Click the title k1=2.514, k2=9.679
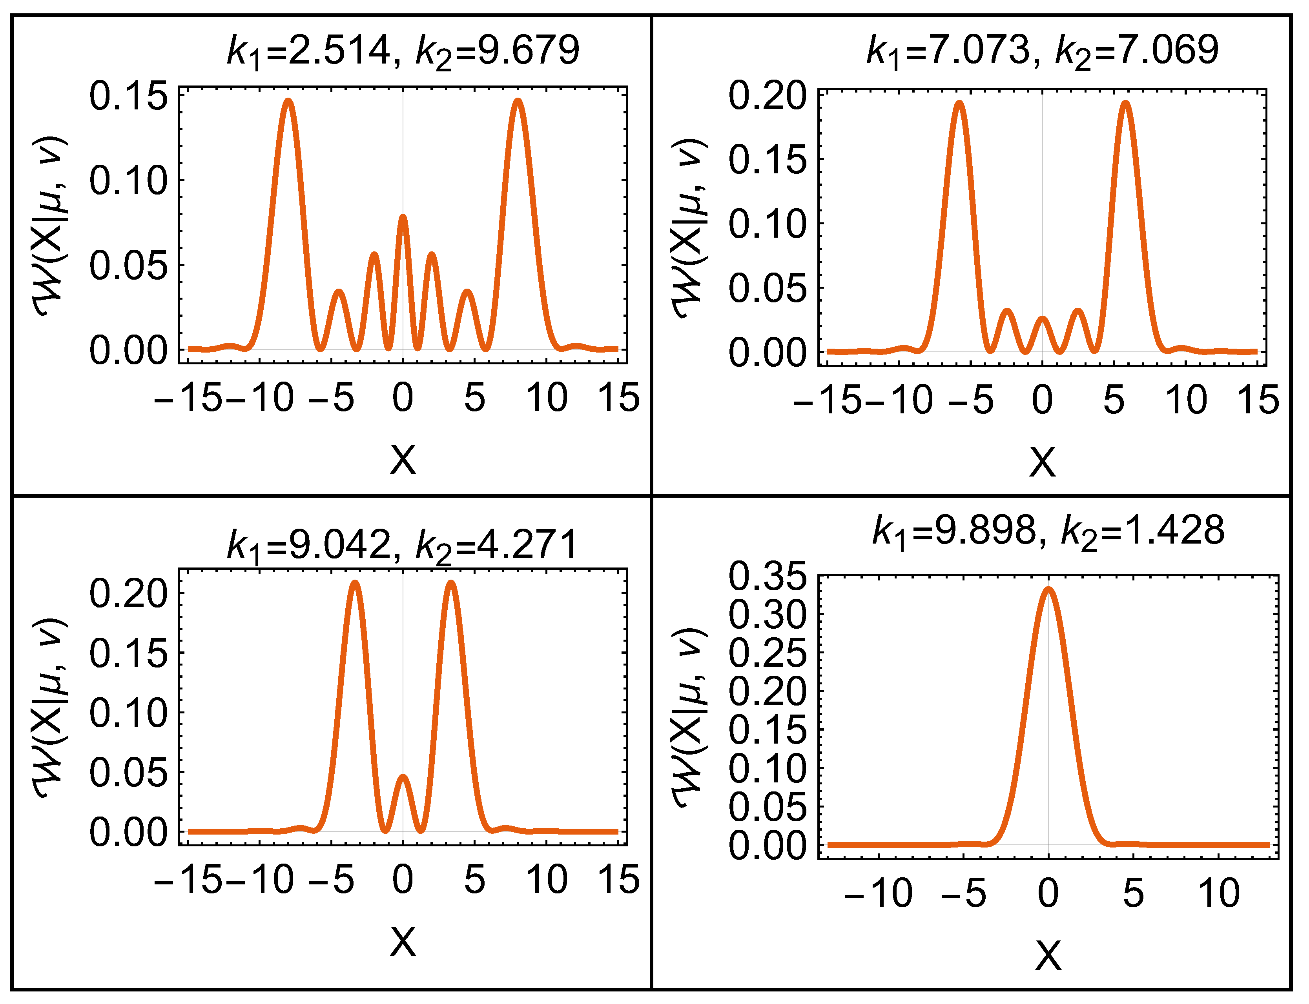403,51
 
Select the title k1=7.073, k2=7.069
1042,51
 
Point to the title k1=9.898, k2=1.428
1048,531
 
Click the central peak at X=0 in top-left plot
403,218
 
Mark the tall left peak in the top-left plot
288,102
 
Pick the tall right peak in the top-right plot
1125,104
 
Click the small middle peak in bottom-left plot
403,778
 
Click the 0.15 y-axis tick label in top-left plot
128,96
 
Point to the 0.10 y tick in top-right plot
767,224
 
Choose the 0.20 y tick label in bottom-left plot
128,593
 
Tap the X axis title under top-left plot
403,460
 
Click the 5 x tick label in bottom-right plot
1132,893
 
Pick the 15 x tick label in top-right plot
1258,399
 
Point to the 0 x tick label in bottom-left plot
403,880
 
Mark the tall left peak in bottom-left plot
355,584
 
